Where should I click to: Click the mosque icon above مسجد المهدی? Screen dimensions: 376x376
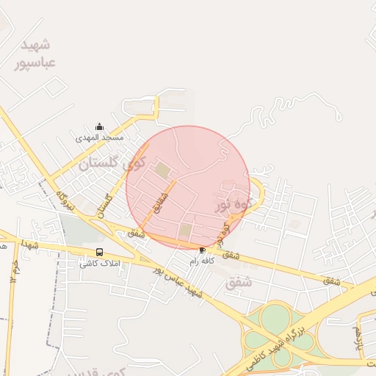[x=100, y=127]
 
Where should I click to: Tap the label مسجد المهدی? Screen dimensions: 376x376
[x=100, y=137]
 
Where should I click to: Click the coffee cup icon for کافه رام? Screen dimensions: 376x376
[x=203, y=250]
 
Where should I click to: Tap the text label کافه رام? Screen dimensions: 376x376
[x=202, y=261]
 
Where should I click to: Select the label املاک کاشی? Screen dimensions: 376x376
[x=100, y=263]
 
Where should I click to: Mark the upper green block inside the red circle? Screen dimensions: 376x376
[x=162, y=172]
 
